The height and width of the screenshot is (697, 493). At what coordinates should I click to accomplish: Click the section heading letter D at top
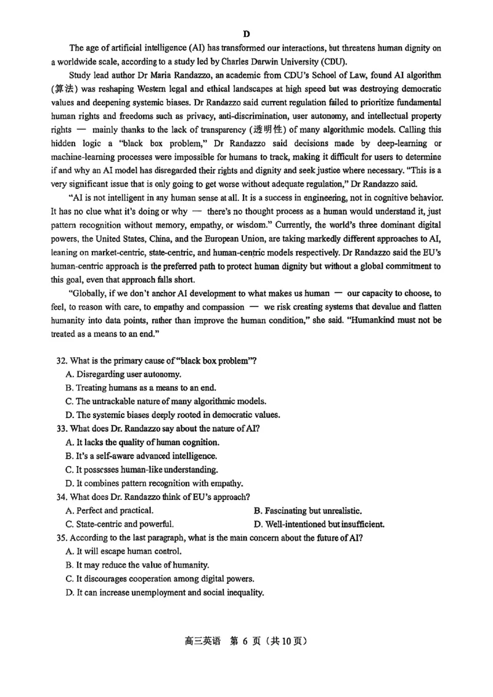point(246,33)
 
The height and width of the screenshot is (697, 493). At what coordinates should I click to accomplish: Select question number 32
point(61,361)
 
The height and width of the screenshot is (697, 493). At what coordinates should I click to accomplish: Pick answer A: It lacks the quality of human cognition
point(142,442)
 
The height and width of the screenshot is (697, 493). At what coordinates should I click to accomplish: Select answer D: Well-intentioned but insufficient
point(319,524)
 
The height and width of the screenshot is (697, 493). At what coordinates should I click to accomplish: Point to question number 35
point(61,538)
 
